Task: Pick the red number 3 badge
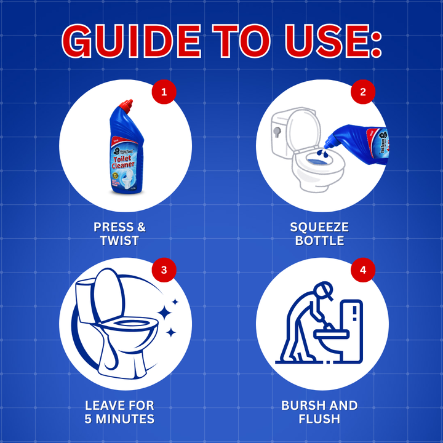pos(164,270)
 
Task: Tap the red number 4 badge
pos(362,270)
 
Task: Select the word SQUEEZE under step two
pos(319,228)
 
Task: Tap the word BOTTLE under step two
pos(319,241)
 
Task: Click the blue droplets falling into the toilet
pos(322,154)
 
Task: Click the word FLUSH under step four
pos(319,420)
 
